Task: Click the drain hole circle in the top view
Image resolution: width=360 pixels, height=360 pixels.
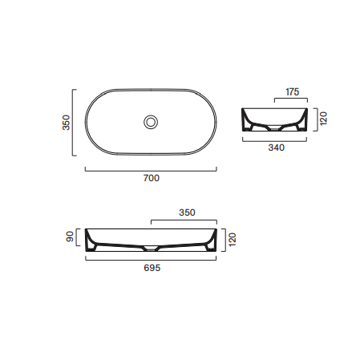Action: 151,122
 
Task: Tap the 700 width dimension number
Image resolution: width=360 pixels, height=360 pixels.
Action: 152,178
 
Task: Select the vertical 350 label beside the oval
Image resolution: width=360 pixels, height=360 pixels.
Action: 66,123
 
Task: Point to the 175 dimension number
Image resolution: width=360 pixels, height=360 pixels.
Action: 293,92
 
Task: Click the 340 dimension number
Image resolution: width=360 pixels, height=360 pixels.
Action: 277,148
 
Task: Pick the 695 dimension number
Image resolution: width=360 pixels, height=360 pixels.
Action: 152,268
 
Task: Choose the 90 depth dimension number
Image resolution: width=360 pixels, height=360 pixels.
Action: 70,237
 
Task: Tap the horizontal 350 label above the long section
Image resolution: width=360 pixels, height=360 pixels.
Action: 187,212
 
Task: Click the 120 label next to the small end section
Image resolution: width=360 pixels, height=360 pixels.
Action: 323,119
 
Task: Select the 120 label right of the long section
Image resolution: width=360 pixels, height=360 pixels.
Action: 233,240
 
